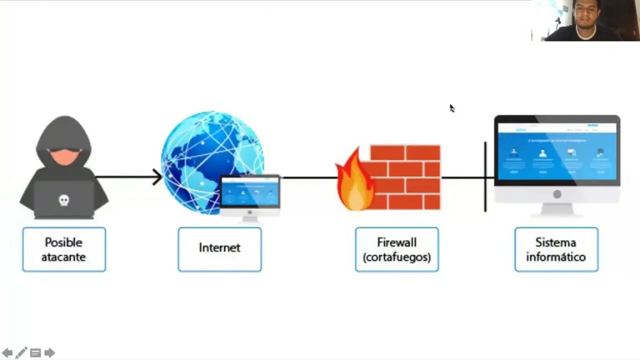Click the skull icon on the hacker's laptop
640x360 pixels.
(x=63, y=200)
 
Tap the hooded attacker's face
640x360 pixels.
(x=64, y=155)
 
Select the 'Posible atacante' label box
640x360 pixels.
(x=64, y=249)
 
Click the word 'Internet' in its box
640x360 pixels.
(x=219, y=247)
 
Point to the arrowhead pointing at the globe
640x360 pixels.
(x=158, y=177)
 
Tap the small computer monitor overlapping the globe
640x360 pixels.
(x=250, y=193)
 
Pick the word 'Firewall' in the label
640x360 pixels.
(x=397, y=242)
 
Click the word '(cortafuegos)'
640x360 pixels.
(x=397, y=257)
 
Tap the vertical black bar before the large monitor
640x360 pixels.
(x=485, y=176)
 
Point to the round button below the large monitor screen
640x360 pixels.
(x=557, y=194)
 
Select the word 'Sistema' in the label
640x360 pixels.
(x=556, y=242)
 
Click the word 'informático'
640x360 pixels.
(x=556, y=257)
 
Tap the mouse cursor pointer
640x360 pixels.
(x=451, y=108)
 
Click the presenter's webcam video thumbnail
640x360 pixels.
(x=585, y=20)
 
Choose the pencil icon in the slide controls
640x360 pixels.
(x=21, y=353)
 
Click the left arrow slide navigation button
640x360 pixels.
(x=7, y=353)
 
